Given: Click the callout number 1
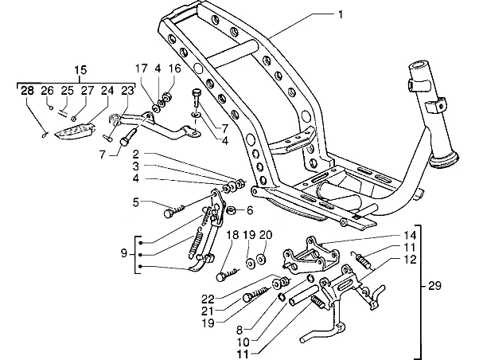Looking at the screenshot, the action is (x=341, y=14).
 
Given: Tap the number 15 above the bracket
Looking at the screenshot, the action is (x=80, y=70).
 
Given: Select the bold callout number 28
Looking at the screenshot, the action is (x=27, y=91).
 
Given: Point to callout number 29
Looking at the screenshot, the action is (x=434, y=286).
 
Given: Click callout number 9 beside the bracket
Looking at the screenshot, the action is (x=123, y=253).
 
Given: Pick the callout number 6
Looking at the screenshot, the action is (x=250, y=210).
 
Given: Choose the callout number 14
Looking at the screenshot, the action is (x=410, y=236).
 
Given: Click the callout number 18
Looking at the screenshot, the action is (x=232, y=235).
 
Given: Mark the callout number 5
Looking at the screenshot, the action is (x=135, y=202).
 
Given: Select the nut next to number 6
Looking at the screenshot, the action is (x=232, y=211).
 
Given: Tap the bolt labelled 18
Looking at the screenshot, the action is (x=228, y=274).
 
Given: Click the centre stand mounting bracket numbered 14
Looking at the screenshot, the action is (x=310, y=256).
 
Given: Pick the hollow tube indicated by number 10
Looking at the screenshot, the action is (x=303, y=295).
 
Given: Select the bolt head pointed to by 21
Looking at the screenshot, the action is (x=248, y=297).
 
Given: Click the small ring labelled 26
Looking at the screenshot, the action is (x=51, y=107).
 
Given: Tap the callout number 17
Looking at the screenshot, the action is (x=142, y=68).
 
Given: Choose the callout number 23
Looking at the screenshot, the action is (x=127, y=91).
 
